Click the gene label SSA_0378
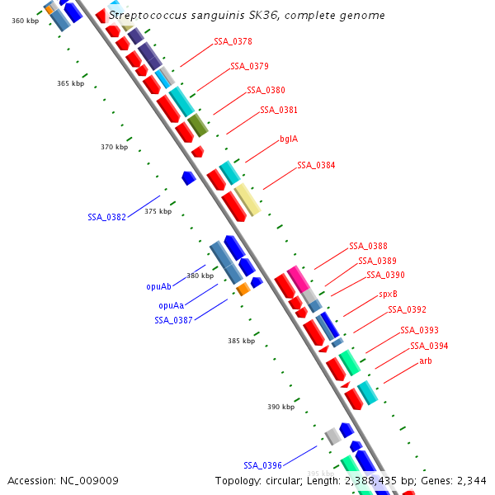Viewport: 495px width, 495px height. coord(233,41)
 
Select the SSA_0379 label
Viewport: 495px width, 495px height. coord(249,66)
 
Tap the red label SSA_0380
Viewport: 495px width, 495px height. coord(266,90)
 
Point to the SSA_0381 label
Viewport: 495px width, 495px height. coord(279,110)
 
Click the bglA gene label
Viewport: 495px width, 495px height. coord(289,139)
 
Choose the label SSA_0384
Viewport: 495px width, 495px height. coord(316,165)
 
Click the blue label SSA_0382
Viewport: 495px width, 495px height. coord(106,218)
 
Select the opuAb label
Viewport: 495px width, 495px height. coord(158,287)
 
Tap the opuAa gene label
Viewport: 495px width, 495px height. coord(171,305)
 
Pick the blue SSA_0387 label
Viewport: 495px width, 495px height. coord(173,320)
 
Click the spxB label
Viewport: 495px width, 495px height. coord(388,294)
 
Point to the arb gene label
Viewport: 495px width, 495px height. coord(425,361)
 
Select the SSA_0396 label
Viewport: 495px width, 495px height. coord(262,465)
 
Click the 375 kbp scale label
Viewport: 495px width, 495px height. coord(158,211)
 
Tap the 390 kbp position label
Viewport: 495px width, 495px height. coord(280,407)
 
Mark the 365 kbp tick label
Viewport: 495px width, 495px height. coord(70,83)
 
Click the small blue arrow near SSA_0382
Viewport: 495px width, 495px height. coord(189,177)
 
